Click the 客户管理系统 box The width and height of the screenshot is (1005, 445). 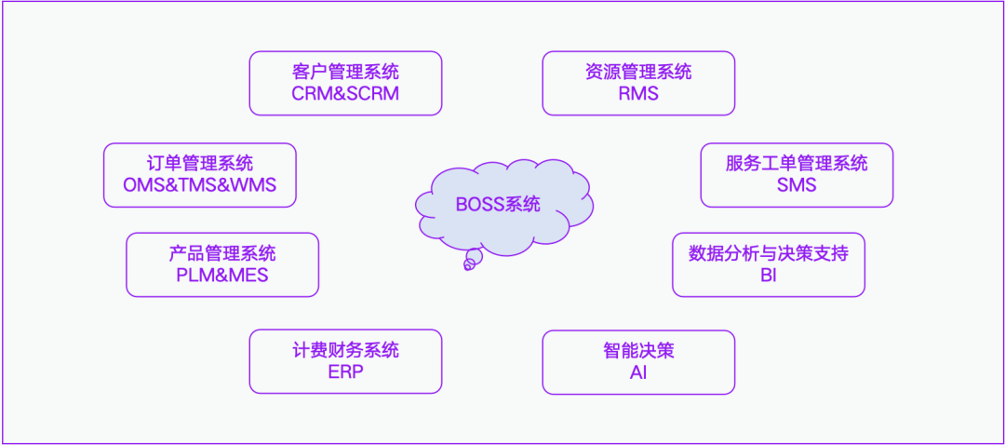[345, 83]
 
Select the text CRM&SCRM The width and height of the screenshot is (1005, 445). [345, 94]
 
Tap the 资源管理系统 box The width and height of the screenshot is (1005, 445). [638, 83]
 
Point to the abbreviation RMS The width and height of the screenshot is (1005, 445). [638, 94]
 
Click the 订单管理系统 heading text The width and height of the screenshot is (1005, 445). [200, 164]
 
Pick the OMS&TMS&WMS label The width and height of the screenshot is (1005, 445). [200, 185]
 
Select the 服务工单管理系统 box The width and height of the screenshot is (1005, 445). [797, 174]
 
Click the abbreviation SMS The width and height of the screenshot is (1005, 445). [797, 185]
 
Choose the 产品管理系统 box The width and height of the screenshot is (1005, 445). [222, 264]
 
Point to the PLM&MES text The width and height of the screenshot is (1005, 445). [222, 276]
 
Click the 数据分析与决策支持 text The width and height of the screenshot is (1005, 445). [769, 253]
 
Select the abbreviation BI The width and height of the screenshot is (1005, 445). [769, 276]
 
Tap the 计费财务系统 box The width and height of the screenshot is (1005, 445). [345, 361]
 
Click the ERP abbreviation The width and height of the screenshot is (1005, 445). [345, 372]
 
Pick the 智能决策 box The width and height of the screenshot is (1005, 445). [638, 361]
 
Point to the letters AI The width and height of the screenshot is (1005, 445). [638, 372]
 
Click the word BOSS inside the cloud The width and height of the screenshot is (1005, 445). [480, 205]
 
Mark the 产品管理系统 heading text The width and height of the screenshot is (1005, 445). [222, 253]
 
